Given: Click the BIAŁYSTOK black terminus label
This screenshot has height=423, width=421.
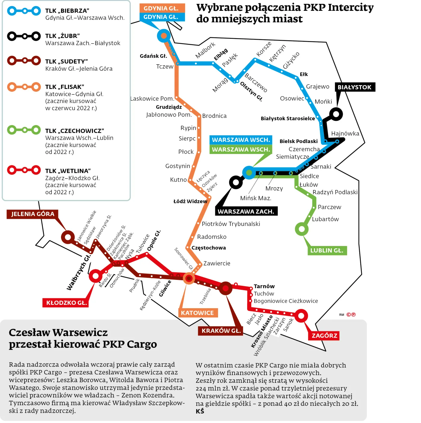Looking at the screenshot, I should [x=355, y=87].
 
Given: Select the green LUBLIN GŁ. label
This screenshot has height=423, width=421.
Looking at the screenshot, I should [x=327, y=250].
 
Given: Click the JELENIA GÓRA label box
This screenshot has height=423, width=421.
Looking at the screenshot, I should [x=32, y=214].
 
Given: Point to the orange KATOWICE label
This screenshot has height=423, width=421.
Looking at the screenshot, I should [x=197, y=313].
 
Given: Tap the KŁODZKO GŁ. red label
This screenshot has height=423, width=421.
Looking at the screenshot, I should [x=66, y=303].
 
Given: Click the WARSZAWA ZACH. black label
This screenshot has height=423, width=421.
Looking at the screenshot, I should [x=246, y=211].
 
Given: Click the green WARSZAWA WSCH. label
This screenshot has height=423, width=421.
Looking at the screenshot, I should [x=241, y=149].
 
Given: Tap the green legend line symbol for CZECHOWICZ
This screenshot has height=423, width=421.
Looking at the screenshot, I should [x=24, y=130].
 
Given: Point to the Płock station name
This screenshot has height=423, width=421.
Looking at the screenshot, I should [x=186, y=152].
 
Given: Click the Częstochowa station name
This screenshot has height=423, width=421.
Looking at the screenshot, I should [x=209, y=248].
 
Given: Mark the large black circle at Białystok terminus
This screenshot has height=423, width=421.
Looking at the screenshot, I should [x=336, y=114].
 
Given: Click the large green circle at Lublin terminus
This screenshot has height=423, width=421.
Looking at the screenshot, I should [x=302, y=229].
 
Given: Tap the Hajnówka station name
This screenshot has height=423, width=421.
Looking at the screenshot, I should [x=345, y=133].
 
